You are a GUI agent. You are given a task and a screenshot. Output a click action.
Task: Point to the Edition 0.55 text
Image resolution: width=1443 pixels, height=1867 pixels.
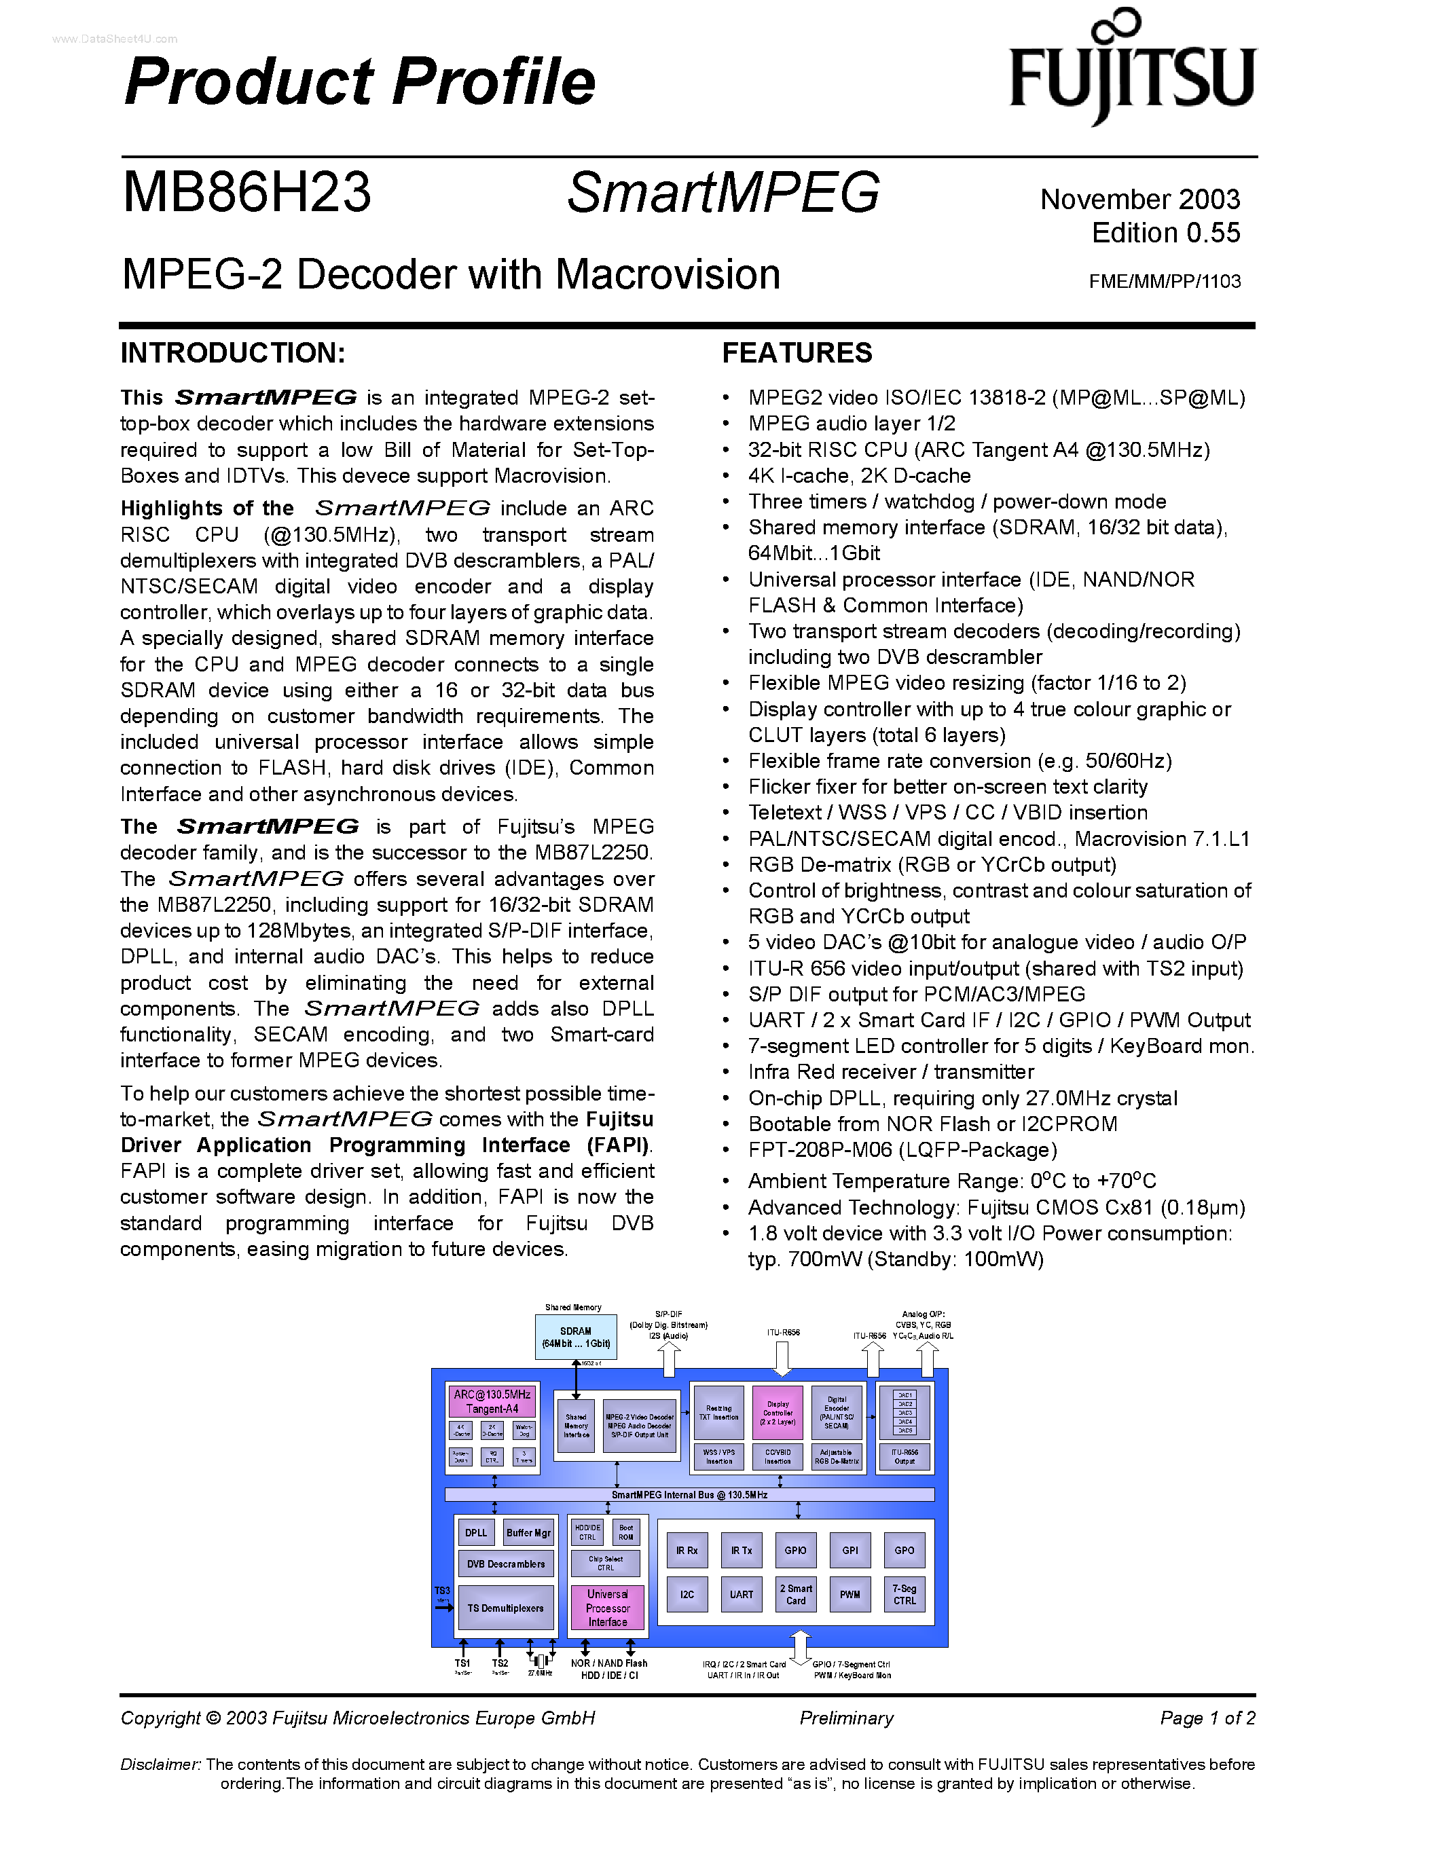tap(1165, 232)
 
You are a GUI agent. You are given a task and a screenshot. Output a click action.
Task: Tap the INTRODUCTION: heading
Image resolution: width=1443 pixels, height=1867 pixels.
tap(232, 353)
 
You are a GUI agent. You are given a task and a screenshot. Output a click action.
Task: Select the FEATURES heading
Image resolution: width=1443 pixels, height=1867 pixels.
tap(797, 353)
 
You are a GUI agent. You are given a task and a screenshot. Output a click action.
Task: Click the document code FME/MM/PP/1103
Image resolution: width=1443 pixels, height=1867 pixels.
tap(1165, 281)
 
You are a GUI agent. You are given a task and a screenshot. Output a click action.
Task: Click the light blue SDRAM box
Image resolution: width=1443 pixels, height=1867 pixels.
tap(575, 1337)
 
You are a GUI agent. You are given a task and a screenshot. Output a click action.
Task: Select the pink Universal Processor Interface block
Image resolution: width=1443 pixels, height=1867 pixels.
tap(607, 1608)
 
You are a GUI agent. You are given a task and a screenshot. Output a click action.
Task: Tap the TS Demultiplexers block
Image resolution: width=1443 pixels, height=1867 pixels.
tap(505, 1608)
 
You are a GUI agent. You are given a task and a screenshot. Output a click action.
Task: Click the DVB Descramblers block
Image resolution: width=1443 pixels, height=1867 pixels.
tap(505, 1564)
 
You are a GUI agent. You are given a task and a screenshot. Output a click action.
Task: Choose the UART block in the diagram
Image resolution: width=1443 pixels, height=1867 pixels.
tap(741, 1594)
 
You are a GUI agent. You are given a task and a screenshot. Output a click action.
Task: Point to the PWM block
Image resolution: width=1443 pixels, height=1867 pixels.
tap(850, 1594)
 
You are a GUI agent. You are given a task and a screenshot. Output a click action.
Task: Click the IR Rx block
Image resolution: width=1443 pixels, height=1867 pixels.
tap(687, 1550)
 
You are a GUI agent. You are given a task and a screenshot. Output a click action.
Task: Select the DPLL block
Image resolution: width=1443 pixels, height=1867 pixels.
tap(476, 1533)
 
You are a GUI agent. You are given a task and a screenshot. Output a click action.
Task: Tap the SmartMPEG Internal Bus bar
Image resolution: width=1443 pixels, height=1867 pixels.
tap(689, 1495)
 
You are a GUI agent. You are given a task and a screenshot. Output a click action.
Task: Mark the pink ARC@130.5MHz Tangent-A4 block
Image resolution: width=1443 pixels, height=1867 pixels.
tap(492, 1401)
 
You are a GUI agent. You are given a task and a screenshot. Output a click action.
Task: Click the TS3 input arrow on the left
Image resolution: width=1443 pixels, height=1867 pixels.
tap(443, 1607)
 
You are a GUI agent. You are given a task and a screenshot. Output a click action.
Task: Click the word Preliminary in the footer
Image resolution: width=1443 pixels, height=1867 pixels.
tap(846, 1718)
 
